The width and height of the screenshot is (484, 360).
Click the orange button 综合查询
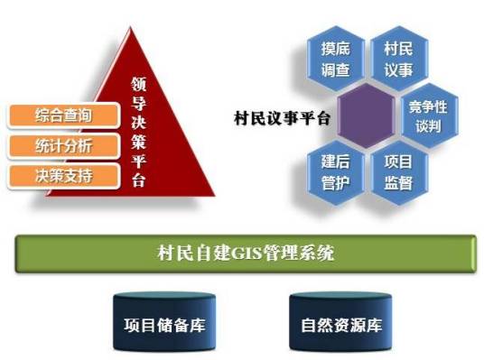click(x=63, y=115)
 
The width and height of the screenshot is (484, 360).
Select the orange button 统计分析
click(x=63, y=144)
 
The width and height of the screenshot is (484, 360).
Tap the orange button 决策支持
click(x=63, y=174)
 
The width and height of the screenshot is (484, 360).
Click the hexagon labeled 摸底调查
click(x=337, y=58)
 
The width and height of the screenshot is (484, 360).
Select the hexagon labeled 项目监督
click(x=397, y=172)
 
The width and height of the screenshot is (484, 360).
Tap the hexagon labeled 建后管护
click(x=337, y=172)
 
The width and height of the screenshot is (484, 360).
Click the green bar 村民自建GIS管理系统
click(x=244, y=254)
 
